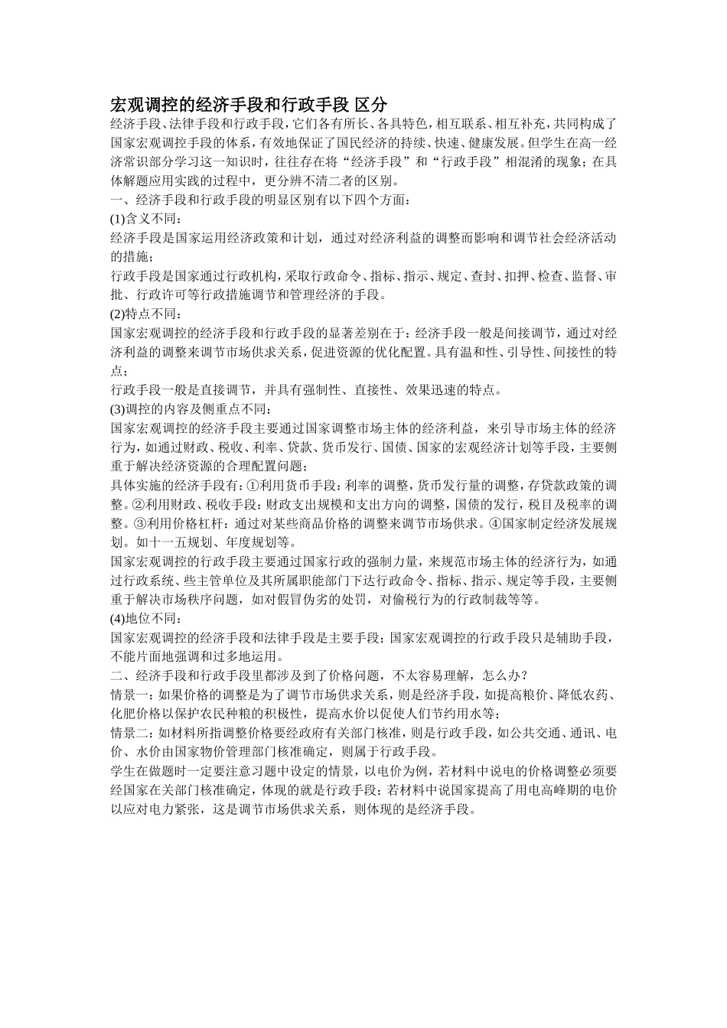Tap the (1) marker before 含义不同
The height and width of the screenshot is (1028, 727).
118,219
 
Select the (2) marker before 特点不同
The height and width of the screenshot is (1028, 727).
118,314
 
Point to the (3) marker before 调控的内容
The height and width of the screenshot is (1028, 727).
118,408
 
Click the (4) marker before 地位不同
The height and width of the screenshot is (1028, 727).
118,618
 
